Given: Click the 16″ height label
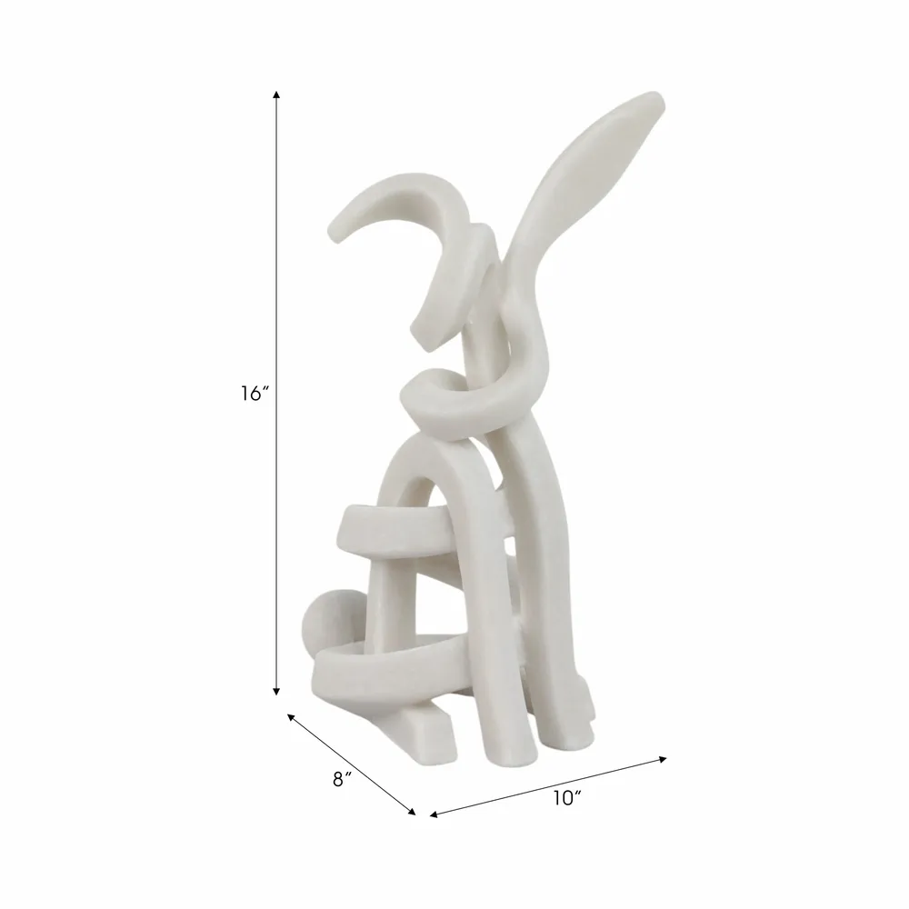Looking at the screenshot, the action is coord(255,395).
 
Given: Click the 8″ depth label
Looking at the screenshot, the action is coord(343,780).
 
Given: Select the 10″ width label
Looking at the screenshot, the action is coord(567,798).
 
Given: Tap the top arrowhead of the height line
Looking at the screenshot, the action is coord(276,95).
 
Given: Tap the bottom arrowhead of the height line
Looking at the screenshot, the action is coord(276,691).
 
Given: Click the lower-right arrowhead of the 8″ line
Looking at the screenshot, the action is coord(412,812).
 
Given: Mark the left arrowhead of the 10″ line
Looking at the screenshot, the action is coord(434,814).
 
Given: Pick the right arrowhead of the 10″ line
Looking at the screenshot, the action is coord(664,758).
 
